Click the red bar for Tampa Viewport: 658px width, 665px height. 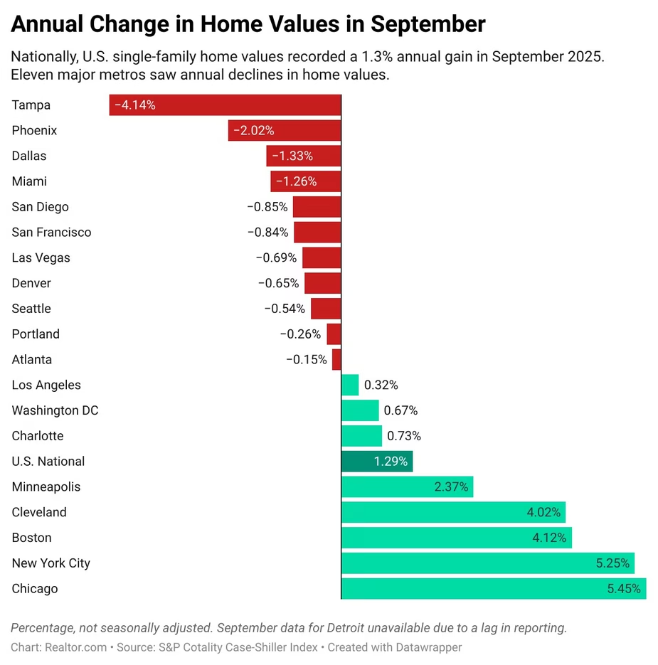(225, 105)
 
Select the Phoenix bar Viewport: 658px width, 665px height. (285, 131)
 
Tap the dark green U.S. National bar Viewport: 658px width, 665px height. (377, 462)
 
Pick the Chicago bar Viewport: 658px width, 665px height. (494, 589)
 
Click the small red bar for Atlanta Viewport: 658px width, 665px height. (336, 360)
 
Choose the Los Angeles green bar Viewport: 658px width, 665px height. (350, 385)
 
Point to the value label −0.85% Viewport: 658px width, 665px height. (267, 207)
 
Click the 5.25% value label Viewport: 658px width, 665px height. (612, 563)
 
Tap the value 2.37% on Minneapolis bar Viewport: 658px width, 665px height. (451, 487)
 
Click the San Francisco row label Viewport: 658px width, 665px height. (51, 233)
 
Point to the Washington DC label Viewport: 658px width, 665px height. (55, 410)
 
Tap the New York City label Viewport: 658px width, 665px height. (51, 563)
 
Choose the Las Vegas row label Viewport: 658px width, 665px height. (41, 258)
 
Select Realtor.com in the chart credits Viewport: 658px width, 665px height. (75, 647)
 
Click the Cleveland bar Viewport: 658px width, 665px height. (454, 513)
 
